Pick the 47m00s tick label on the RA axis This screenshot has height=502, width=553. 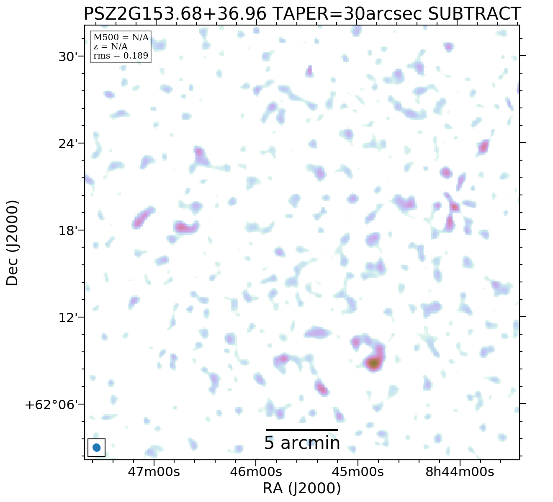154,472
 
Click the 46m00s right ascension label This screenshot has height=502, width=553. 256,472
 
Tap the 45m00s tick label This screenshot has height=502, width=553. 358,472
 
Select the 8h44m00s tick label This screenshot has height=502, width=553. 460,472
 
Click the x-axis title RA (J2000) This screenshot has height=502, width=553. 301,488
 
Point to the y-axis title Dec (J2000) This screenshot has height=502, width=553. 13,243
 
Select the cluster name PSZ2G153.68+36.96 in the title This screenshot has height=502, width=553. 175,14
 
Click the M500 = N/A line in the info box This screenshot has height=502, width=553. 121,38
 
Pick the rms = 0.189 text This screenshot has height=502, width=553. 121,56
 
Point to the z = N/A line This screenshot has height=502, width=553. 111,47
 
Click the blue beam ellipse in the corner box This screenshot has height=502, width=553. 96,448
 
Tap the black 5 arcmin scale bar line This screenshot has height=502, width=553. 301,430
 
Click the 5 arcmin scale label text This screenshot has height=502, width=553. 301,443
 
